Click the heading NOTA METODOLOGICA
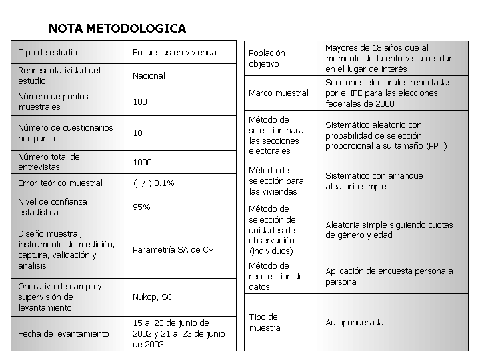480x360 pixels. tap(117, 29)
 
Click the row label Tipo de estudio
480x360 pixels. tap(47, 53)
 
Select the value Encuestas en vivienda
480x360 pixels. tap(174, 53)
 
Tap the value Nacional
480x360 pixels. tap(149, 76)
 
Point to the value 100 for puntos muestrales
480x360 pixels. tap(140, 102)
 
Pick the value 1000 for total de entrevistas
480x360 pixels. tap(142, 163)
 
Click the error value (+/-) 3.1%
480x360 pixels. tap(153, 183)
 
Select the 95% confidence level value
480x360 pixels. tap(141, 207)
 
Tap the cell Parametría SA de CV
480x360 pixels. tap(173, 250)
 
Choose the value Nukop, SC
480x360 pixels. tap(152, 297)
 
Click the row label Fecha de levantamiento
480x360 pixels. tap(63, 334)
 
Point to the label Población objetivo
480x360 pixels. tap(267, 59)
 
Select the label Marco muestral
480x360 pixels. tap(279, 93)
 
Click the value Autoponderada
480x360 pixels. tap(354, 323)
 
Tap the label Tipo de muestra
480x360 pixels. tap(265, 323)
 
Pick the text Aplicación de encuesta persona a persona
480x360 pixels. tap(389, 277)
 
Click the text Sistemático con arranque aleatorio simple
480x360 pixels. tap(373, 181)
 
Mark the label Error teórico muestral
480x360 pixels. tap(60, 183)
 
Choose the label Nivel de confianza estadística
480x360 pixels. tap(52, 207)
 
